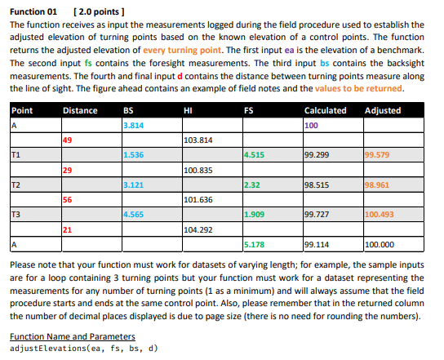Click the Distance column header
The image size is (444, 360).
click(80, 110)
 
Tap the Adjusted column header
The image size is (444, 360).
click(383, 110)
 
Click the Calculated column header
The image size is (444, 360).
click(324, 110)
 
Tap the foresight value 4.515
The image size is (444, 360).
click(255, 155)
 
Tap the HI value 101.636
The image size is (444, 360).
click(199, 199)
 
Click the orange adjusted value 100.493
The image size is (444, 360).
click(380, 215)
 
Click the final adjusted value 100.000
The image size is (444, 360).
click(380, 244)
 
